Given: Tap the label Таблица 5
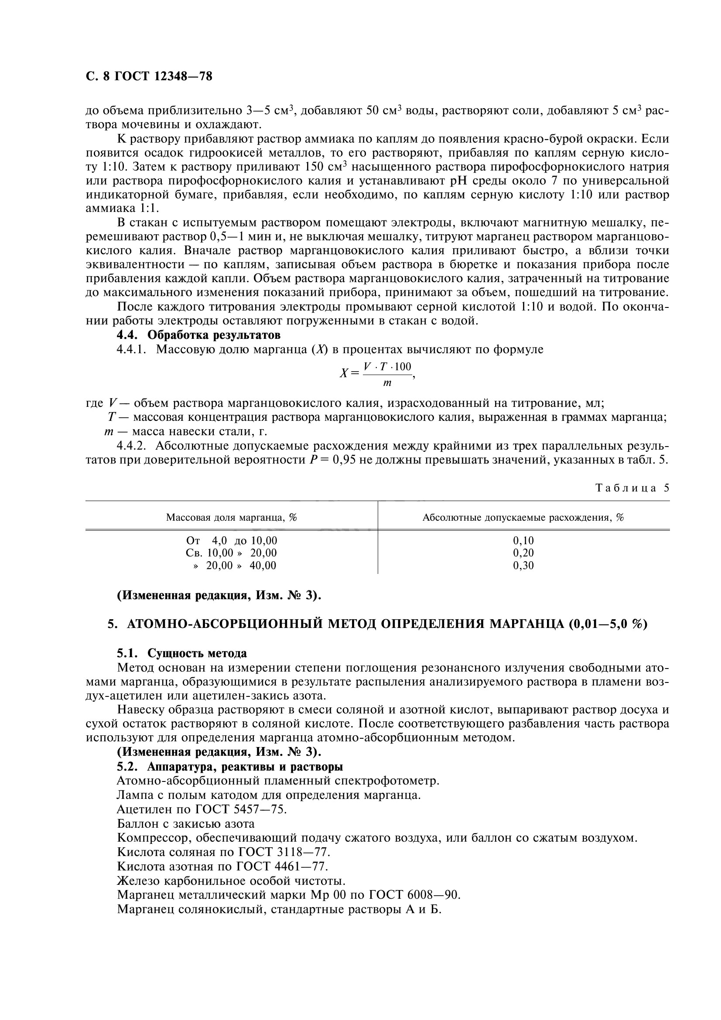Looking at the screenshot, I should pos(632,488).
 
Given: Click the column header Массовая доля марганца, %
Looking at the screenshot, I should pos(232,517).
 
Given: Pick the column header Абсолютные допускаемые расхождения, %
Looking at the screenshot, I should pos(523,517).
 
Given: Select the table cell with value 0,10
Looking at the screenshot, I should pos(523,541).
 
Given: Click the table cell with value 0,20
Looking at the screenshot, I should pos(523,553).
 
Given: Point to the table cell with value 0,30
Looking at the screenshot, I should pos(523,566).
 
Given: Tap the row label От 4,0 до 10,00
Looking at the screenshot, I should pos(232,541).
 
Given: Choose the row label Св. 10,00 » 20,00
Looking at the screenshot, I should pos(231,553).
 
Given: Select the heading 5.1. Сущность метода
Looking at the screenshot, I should pos(182,654).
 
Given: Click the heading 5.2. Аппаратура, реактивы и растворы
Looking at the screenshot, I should pos(230,767).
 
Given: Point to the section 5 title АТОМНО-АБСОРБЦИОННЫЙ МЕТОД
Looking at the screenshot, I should pos(377,624).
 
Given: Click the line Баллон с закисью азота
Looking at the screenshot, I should pos(186,824).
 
